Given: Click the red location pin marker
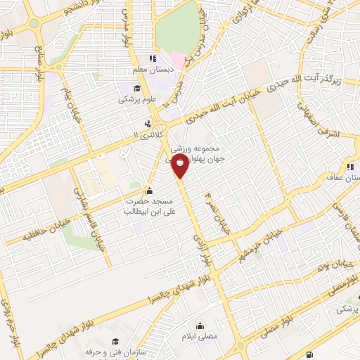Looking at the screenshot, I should tap(181, 166).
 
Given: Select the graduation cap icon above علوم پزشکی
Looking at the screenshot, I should tap(136, 89).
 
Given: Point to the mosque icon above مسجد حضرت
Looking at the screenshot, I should tap(148, 191).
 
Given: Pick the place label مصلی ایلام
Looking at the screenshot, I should tap(200, 337).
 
